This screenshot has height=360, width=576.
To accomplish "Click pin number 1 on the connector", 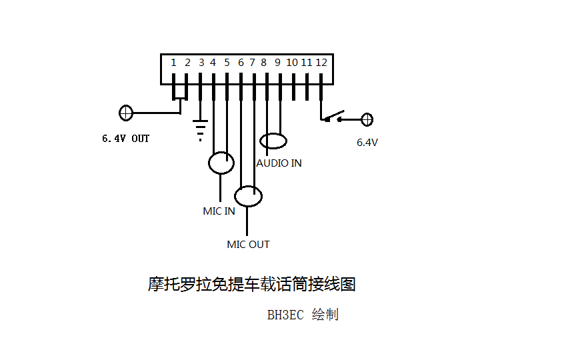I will coord(173,63).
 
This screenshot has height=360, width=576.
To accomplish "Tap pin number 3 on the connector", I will coord(201,63).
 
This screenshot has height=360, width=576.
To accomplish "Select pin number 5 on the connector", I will coord(227,63).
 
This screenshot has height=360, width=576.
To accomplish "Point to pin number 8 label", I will coord(264,63).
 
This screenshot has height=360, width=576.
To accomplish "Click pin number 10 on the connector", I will coord(292,63).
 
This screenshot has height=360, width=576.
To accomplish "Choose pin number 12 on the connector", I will coord(321,63).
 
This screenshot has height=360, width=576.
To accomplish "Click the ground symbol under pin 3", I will coord(200,130).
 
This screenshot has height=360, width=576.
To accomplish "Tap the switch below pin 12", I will coord(334,116).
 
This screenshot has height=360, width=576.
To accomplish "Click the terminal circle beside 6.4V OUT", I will coord(125,113).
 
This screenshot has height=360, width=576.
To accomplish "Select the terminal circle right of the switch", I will coord(366,120).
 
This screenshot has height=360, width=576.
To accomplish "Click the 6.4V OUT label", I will coord(125,139).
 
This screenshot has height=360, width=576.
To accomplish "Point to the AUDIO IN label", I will coord(279,163).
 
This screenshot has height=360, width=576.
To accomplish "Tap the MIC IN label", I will coord(219,211).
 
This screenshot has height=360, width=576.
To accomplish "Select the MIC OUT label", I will coord(248,245).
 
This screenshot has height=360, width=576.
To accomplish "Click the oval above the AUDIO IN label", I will coord(273,141).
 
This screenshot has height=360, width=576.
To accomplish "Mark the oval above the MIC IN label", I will coord(221,163).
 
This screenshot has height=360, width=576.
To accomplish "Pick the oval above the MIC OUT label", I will coord(248,196).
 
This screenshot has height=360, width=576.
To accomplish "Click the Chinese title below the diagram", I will coord(251,285).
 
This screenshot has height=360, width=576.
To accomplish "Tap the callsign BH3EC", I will coord(285,315).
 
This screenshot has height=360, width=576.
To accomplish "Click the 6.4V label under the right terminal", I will coord(367,143).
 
